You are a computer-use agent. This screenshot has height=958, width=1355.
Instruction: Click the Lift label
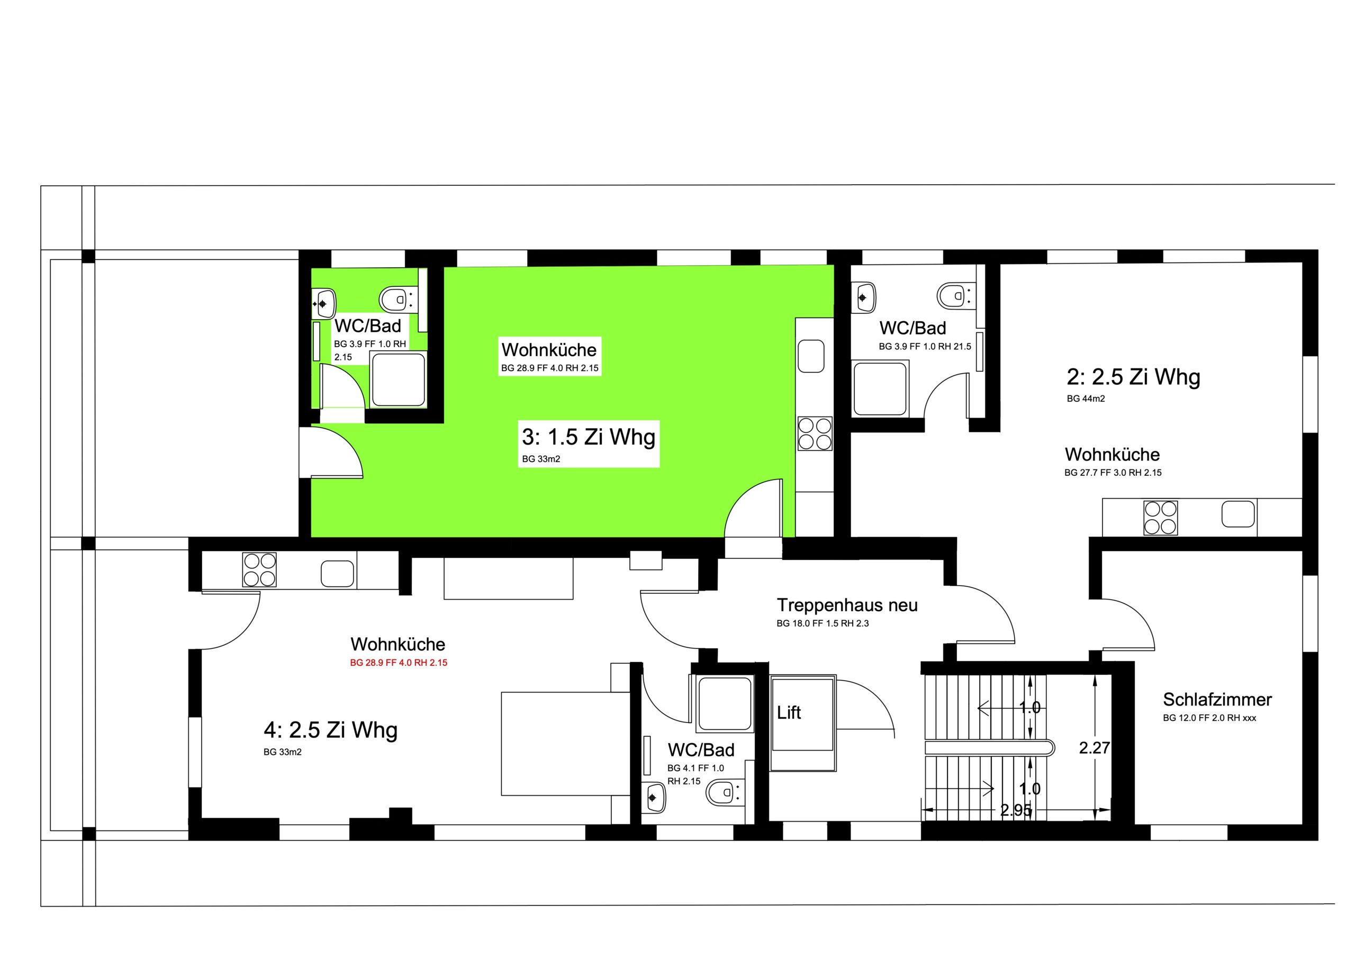789,712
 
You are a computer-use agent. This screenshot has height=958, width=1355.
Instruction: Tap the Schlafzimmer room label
1217,700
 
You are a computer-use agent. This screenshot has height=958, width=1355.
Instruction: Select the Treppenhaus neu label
847,605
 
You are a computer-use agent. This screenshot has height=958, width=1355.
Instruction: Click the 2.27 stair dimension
1095,748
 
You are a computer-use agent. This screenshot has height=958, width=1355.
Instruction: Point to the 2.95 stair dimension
1016,810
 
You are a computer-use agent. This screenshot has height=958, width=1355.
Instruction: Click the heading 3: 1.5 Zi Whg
589,437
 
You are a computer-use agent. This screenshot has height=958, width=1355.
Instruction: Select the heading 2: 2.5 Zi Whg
1133,377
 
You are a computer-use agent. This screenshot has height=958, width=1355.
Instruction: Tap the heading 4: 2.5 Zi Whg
330,730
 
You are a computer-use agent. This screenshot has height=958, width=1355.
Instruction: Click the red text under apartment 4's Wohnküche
399,662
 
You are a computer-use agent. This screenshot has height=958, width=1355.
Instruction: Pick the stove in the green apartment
815,434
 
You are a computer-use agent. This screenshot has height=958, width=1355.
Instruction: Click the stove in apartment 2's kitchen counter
1160,518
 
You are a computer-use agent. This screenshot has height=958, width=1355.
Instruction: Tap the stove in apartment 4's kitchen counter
260,570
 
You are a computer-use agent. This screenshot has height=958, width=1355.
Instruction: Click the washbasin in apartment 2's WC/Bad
863,298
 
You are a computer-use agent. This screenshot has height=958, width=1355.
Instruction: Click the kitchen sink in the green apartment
811,356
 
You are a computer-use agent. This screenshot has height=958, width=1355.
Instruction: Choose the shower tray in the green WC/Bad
399,379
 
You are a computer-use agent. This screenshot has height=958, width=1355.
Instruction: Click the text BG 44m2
1086,399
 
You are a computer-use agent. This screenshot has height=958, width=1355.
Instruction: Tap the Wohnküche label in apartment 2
1112,455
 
